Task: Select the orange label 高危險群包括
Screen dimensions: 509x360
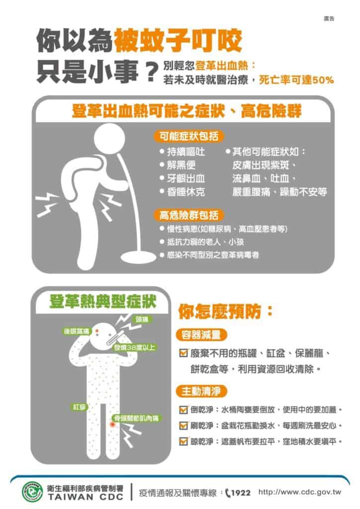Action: click(x=185, y=215)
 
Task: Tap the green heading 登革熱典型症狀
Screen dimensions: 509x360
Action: click(x=102, y=301)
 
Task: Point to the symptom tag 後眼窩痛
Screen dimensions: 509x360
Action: click(x=76, y=331)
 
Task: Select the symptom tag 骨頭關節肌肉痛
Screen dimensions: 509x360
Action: click(x=135, y=418)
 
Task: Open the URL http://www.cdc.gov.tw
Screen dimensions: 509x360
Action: click(x=300, y=493)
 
